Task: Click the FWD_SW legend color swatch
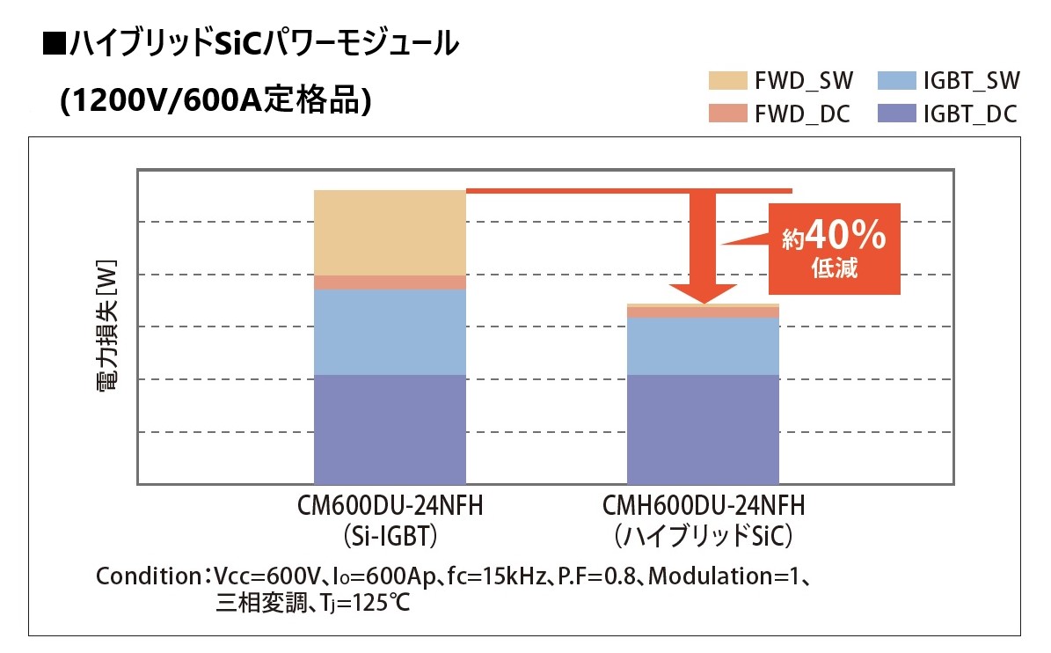727,82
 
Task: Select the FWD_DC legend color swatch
727,114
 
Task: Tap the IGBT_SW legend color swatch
896,82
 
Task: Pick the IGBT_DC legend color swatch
896,114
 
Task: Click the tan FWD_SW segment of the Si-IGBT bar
390,232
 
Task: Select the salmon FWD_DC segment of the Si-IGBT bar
390,282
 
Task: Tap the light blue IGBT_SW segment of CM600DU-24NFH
390,332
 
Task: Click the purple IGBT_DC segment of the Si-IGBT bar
390,429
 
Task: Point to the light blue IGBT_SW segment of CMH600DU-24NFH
703,346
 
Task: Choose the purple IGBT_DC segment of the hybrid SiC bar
703,429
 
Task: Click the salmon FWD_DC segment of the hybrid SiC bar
703,312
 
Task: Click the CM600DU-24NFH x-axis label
390,508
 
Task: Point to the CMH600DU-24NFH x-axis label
704,508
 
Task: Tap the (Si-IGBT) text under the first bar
390,535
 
